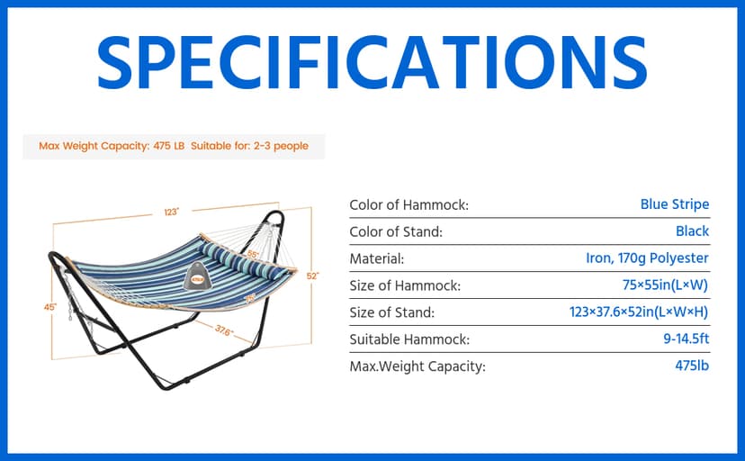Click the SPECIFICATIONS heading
(x=372, y=62)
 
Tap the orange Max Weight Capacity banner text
(x=174, y=146)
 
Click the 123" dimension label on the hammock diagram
(x=172, y=212)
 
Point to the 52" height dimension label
(x=312, y=276)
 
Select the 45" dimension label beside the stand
(x=49, y=307)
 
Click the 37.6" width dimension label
(x=224, y=330)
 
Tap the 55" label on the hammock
(x=253, y=254)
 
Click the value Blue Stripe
(x=675, y=204)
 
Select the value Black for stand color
(x=692, y=231)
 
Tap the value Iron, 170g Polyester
(x=647, y=258)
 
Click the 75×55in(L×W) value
(x=665, y=285)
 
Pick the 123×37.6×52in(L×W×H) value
(x=639, y=312)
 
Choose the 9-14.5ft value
(x=687, y=339)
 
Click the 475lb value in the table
(x=692, y=366)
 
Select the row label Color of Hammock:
(x=408, y=204)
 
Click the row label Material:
(x=377, y=259)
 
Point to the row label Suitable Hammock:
(x=409, y=339)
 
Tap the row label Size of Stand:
(x=392, y=312)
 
